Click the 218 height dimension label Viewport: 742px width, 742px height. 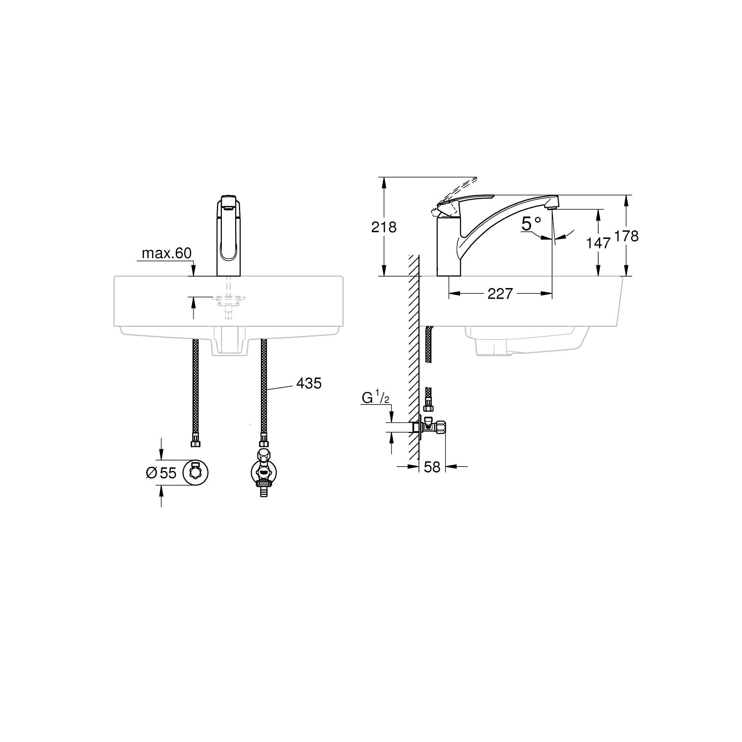pos(384,228)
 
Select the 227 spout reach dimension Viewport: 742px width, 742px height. pos(500,294)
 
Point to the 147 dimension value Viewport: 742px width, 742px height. pos(598,243)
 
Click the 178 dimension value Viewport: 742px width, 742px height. pos(626,236)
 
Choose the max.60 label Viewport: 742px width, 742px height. pos(167,253)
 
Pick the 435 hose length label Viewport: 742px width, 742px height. pos(309,383)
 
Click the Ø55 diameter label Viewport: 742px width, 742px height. pos(161,473)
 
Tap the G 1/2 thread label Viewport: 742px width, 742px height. pos(375,398)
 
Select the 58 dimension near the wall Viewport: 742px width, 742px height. pos(432,467)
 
